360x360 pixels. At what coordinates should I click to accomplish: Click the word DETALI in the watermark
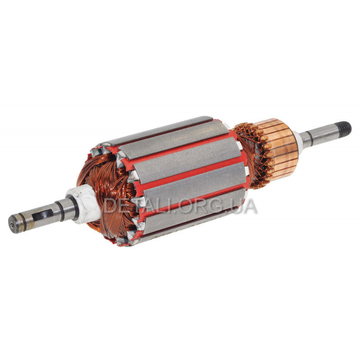(x=140, y=206)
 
